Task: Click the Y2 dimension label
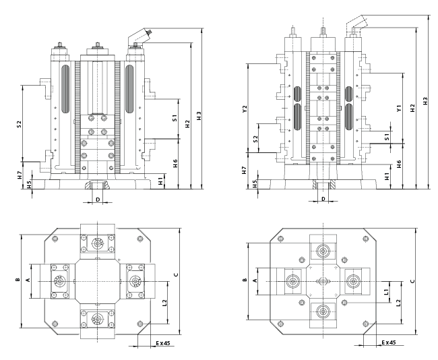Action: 245,107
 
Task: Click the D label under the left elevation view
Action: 98,200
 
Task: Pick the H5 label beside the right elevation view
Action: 255,183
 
